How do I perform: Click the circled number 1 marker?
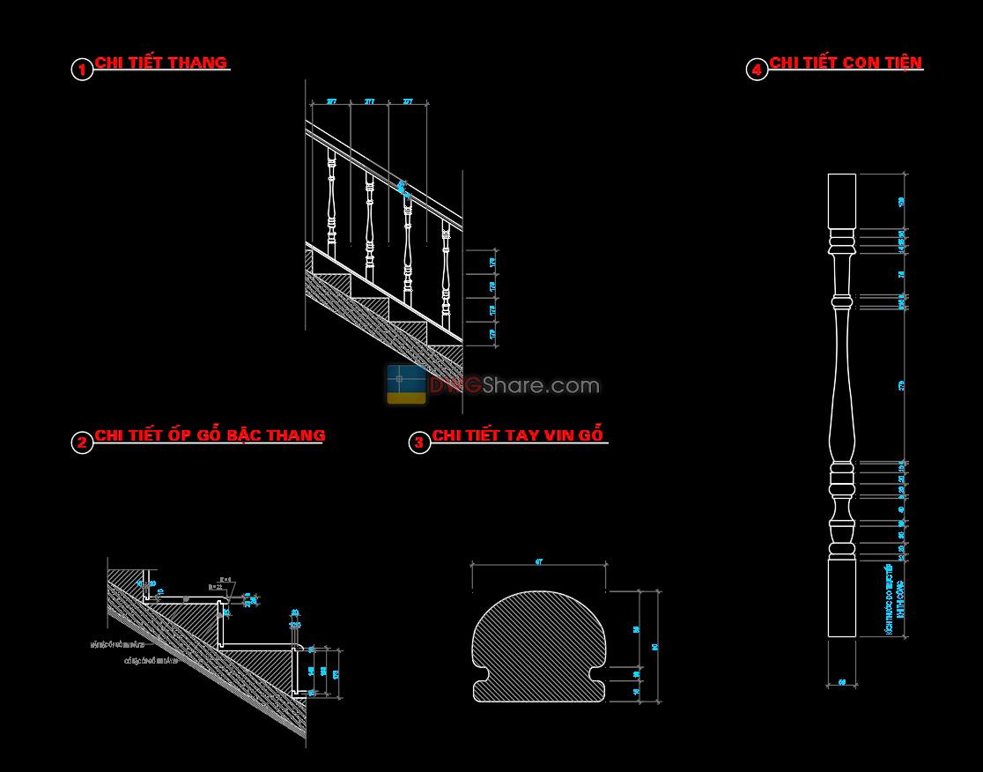point(81,70)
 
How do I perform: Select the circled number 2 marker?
point(81,442)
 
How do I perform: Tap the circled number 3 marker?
point(419,442)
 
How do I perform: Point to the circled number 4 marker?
point(757,70)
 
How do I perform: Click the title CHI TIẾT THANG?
point(161,63)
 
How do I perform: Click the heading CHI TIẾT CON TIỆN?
point(846,63)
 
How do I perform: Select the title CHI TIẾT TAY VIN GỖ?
point(518,435)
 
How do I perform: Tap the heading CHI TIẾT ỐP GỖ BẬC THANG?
point(210,435)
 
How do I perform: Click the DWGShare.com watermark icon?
point(405,384)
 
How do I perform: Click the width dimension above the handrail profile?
point(538,561)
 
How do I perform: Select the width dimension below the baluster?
point(841,681)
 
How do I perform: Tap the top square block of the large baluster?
point(841,201)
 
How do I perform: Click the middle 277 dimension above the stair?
point(370,102)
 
